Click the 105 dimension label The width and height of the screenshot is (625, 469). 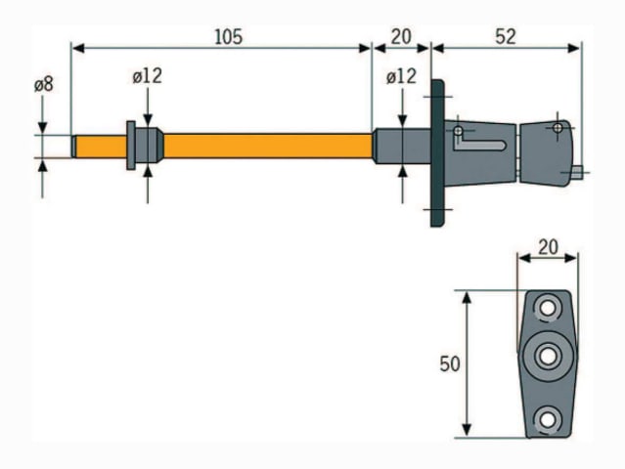(227, 37)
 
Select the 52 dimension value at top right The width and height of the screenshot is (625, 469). (506, 37)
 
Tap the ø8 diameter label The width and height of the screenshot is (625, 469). (43, 85)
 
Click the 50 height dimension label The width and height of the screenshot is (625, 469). (450, 364)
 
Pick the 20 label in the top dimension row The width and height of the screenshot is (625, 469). (401, 37)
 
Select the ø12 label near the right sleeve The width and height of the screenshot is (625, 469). (401, 76)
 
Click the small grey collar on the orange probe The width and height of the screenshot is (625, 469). (145, 147)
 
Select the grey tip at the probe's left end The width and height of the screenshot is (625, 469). (73, 147)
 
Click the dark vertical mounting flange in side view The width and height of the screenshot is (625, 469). (437, 153)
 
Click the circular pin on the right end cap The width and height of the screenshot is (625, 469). (558, 128)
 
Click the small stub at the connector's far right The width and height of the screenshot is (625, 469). (578, 172)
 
